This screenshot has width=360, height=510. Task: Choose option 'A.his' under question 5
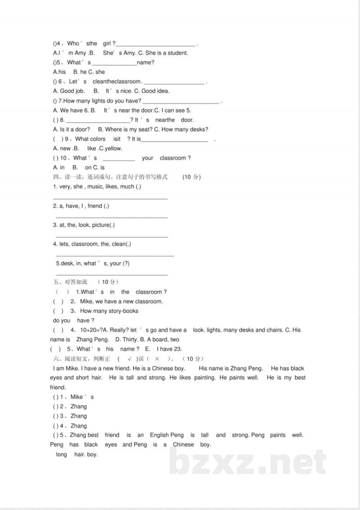pyautogui.click(x=59, y=72)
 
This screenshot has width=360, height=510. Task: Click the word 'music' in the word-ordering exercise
pyautogui.click(x=95, y=187)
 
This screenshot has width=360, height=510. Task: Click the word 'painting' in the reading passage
pyautogui.click(x=204, y=378)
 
